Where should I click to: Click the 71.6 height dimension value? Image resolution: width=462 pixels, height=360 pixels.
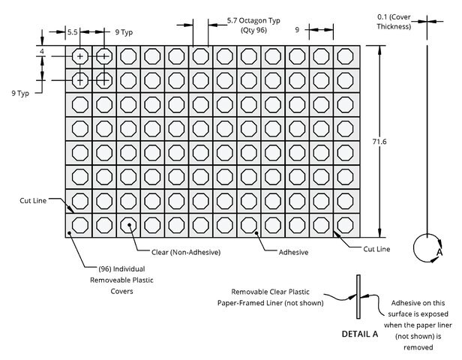click(x=379, y=142)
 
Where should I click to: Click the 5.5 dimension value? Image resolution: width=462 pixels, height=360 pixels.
click(x=73, y=32)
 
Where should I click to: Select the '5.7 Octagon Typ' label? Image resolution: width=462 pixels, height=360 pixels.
click(x=253, y=20)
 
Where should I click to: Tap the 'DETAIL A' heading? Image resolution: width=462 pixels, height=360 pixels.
click(x=360, y=334)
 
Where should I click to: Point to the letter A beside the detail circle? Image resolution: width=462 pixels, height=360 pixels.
click(x=439, y=252)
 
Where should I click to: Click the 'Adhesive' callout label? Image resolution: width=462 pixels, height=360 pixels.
click(x=293, y=252)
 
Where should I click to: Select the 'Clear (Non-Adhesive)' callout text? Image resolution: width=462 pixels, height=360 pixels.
click(x=186, y=252)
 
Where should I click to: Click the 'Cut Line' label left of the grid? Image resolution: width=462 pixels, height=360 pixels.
click(x=33, y=200)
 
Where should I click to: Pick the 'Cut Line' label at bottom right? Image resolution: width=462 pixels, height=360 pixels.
click(x=376, y=249)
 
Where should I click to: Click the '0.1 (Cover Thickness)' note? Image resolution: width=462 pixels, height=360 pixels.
click(x=394, y=22)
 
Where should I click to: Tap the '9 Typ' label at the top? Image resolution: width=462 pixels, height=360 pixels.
click(x=124, y=32)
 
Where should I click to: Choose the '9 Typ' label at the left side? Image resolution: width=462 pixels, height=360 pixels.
click(x=20, y=94)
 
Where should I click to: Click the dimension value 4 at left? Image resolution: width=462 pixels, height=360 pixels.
click(x=42, y=52)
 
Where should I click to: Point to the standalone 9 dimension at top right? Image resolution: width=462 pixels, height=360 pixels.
click(x=297, y=30)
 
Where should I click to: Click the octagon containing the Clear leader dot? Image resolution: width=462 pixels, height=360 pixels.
click(x=128, y=225)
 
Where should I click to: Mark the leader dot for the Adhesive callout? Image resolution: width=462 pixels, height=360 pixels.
click(x=256, y=233)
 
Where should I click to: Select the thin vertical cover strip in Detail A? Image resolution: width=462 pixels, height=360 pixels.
click(x=358, y=297)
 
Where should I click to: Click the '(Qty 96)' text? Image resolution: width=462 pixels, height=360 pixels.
click(x=253, y=30)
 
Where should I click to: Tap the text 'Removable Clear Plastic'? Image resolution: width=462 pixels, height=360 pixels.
click(x=270, y=292)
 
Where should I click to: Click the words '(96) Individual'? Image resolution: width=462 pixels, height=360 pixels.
click(x=121, y=269)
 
